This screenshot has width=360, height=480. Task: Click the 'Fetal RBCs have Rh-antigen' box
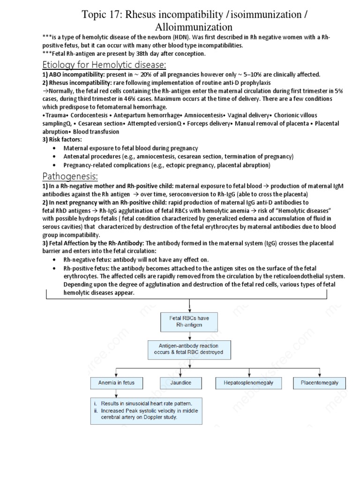189,322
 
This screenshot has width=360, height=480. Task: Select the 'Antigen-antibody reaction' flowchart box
189,349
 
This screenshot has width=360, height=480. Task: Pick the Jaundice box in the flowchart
181,383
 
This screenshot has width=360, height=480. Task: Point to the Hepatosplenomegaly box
245,383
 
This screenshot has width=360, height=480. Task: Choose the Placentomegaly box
319,383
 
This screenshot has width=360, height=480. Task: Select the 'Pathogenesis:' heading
70,176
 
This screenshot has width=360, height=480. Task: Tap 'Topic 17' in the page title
101,15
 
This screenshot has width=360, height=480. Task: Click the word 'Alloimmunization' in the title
194,27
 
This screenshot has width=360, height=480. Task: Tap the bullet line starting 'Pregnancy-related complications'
167,165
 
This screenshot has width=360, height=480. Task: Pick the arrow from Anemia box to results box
109,393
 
